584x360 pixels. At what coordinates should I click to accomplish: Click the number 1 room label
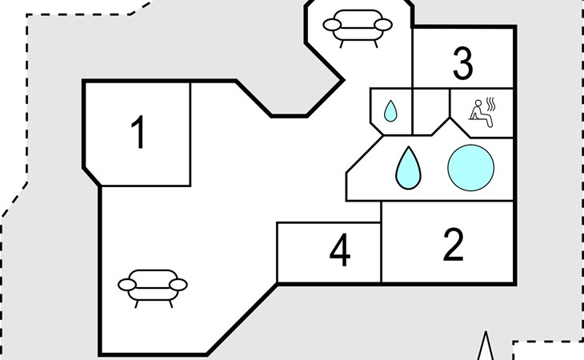tap(138, 132)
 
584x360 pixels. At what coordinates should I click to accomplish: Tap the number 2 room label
tap(454, 245)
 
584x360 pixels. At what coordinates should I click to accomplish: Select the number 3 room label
tap(463, 63)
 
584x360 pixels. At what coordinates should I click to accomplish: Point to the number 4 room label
tap(340, 250)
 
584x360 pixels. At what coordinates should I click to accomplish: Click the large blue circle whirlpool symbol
tap(470, 168)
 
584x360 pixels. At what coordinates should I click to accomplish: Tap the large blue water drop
tap(408, 168)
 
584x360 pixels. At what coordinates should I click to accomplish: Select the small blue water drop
tap(390, 111)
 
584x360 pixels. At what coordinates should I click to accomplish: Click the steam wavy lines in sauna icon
tap(491, 104)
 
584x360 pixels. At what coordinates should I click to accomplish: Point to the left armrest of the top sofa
tap(332, 25)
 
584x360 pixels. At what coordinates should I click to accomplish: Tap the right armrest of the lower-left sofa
tap(178, 285)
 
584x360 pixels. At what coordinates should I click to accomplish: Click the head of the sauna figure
tap(478, 102)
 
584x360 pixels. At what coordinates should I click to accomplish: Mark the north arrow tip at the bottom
tap(486, 332)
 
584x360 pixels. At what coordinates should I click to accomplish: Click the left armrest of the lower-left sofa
tap(127, 285)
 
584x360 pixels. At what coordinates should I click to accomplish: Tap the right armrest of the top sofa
tap(383, 25)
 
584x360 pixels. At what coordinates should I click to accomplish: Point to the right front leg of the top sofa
tap(375, 44)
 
